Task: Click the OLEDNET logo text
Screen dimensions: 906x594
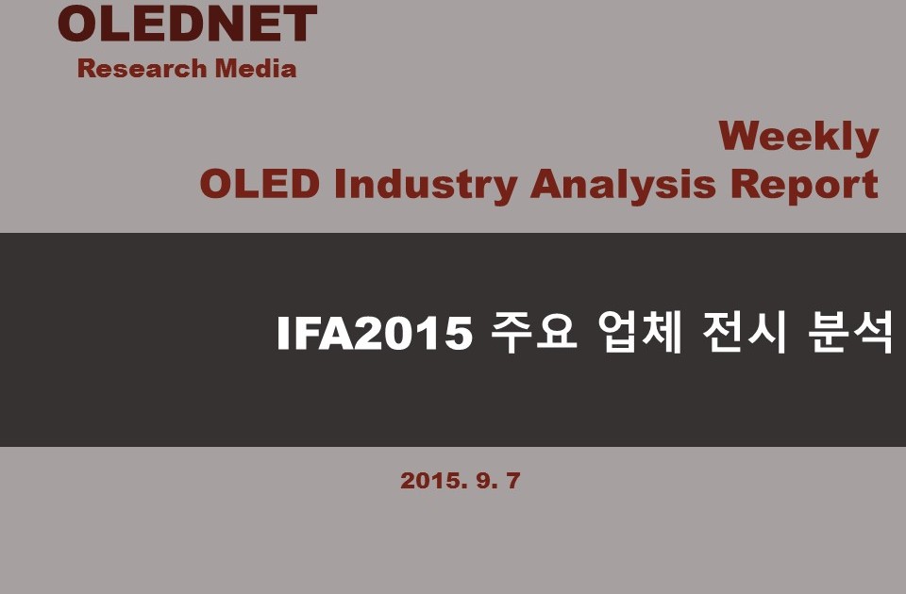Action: (187, 24)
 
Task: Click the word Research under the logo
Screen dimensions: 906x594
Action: (143, 68)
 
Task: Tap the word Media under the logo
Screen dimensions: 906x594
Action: (256, 68)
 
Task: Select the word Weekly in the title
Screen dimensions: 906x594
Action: (798, 138)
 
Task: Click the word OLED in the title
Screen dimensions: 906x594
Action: (260, 184)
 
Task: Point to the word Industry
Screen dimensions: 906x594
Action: (426, 186)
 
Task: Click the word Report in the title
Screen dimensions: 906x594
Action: (804, 186)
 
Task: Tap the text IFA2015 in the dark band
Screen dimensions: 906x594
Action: (375, 333)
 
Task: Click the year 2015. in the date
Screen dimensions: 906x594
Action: (434, 480)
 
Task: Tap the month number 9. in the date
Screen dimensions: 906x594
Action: (487, 480)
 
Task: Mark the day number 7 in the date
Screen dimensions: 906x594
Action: (513, 480)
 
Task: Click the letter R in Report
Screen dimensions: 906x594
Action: (746, 184)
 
